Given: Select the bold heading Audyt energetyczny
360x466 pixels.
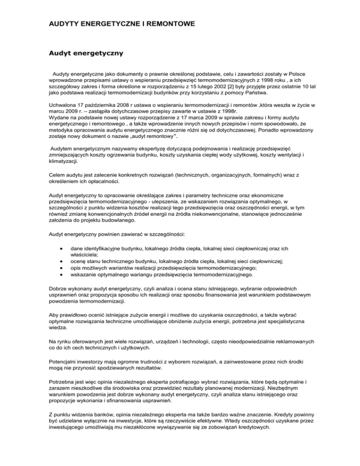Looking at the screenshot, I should click(x=85, y=53).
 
